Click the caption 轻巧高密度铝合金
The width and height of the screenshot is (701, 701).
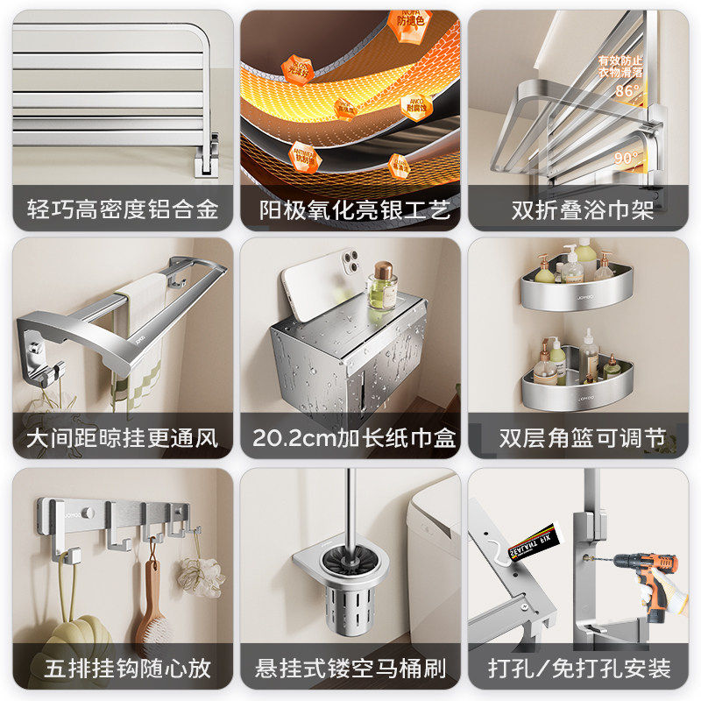123,210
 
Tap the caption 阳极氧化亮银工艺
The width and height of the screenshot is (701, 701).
350,210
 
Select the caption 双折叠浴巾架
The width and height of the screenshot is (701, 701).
583,210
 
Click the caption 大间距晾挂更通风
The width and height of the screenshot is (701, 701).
123,437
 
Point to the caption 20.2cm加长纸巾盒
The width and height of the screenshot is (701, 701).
350,437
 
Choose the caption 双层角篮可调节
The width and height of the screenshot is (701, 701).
583,437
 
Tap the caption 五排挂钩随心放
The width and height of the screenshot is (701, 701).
123,669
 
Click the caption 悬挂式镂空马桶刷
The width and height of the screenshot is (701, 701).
350,669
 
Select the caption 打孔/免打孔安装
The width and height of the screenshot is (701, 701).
583,669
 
